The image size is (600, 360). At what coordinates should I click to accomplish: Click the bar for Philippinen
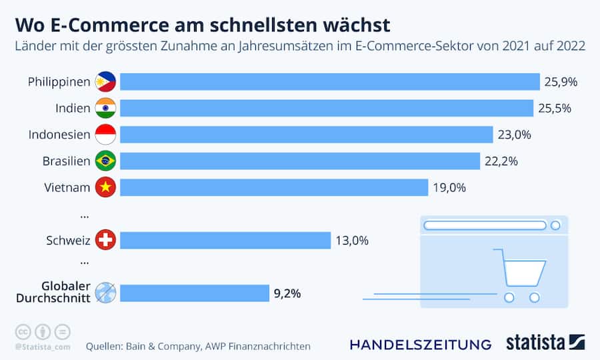[x=329, y=82]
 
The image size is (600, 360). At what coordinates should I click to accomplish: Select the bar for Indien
[x=327, y=108]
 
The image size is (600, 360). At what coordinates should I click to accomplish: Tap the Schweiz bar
[x=225, y=240]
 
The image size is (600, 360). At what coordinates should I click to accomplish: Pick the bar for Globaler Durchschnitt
[x=195, y=293]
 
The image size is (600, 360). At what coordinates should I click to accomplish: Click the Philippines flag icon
[x=105, y=82]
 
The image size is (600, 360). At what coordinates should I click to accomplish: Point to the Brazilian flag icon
[x=105, y=161]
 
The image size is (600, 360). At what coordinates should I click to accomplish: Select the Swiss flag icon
[x=105, y=240]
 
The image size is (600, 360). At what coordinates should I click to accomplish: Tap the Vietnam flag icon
[x=105, y=187]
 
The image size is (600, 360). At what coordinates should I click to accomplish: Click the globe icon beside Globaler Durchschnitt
[x=105, y=293]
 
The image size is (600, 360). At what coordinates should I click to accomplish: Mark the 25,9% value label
[x=561, y=82]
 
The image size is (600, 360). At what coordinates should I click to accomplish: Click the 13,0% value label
[x=352, y=240]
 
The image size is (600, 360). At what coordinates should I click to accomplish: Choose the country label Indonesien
[x=59, y=135]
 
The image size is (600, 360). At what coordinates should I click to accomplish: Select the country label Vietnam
[x=67, y=187]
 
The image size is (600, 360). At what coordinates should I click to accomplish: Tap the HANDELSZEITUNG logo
[x=421, y=345]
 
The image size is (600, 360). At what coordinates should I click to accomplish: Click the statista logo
[x=543, y=343]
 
